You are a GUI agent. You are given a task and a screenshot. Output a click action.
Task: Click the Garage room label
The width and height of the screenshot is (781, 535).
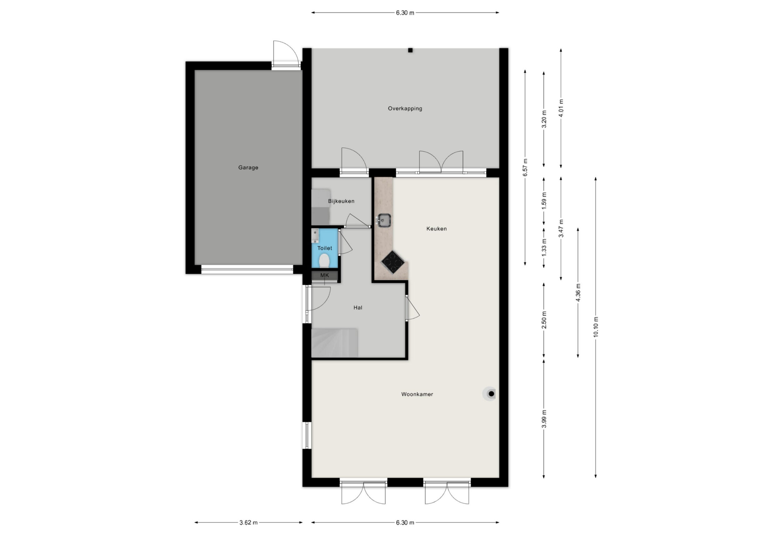(248, 167)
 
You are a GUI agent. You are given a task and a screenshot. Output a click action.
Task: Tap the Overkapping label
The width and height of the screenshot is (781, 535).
(405, 109)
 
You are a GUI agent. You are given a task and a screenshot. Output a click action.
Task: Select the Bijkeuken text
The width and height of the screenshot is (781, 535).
(341, 201)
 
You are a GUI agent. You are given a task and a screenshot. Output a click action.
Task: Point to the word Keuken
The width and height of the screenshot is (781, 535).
(436, 229)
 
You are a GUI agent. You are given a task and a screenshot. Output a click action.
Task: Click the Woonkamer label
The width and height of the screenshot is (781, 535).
(417, 394)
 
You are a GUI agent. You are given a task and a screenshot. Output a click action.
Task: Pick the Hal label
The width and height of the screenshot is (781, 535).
(358, 307)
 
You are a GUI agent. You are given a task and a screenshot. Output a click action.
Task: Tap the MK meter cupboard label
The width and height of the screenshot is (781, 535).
(324, 275)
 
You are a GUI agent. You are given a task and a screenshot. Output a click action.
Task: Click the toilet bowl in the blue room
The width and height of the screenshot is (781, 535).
(324, 260)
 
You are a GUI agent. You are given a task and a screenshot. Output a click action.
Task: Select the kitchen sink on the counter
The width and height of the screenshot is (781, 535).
(384, 220)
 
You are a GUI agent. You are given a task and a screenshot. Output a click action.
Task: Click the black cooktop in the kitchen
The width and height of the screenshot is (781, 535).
(392, 262)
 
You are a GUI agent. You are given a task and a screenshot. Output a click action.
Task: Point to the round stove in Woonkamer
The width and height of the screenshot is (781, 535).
(491, 394)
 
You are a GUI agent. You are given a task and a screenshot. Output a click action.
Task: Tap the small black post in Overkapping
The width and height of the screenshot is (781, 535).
(410, 50)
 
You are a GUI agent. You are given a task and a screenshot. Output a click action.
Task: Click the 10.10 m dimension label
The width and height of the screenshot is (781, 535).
(595, 327)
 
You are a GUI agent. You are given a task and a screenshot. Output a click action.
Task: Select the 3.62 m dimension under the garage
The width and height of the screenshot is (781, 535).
(248, 523)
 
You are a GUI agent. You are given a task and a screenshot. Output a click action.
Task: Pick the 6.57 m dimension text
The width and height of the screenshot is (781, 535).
(525, 167)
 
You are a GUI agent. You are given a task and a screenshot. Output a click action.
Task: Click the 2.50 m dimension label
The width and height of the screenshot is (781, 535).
(544, 320)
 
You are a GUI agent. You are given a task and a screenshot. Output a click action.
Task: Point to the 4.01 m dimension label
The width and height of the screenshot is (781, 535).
(561, 108)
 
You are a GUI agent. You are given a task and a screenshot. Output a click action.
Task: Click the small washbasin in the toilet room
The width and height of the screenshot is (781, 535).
(315, 236)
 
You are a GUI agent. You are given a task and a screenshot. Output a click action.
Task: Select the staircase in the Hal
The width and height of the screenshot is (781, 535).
(334, 342)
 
